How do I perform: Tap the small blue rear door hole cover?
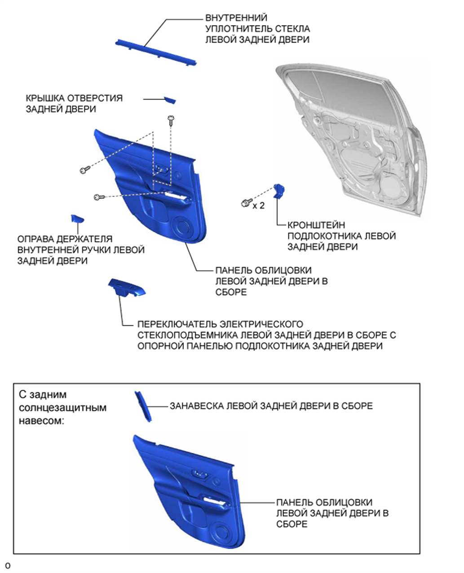click(x=170, y=100)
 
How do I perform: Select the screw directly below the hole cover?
click(x=171, y=119)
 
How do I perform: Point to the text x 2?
click(x=258, y=206)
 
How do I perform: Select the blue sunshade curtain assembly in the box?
click(x=142, y=406)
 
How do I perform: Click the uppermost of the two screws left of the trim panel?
click(x=84, y=170)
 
